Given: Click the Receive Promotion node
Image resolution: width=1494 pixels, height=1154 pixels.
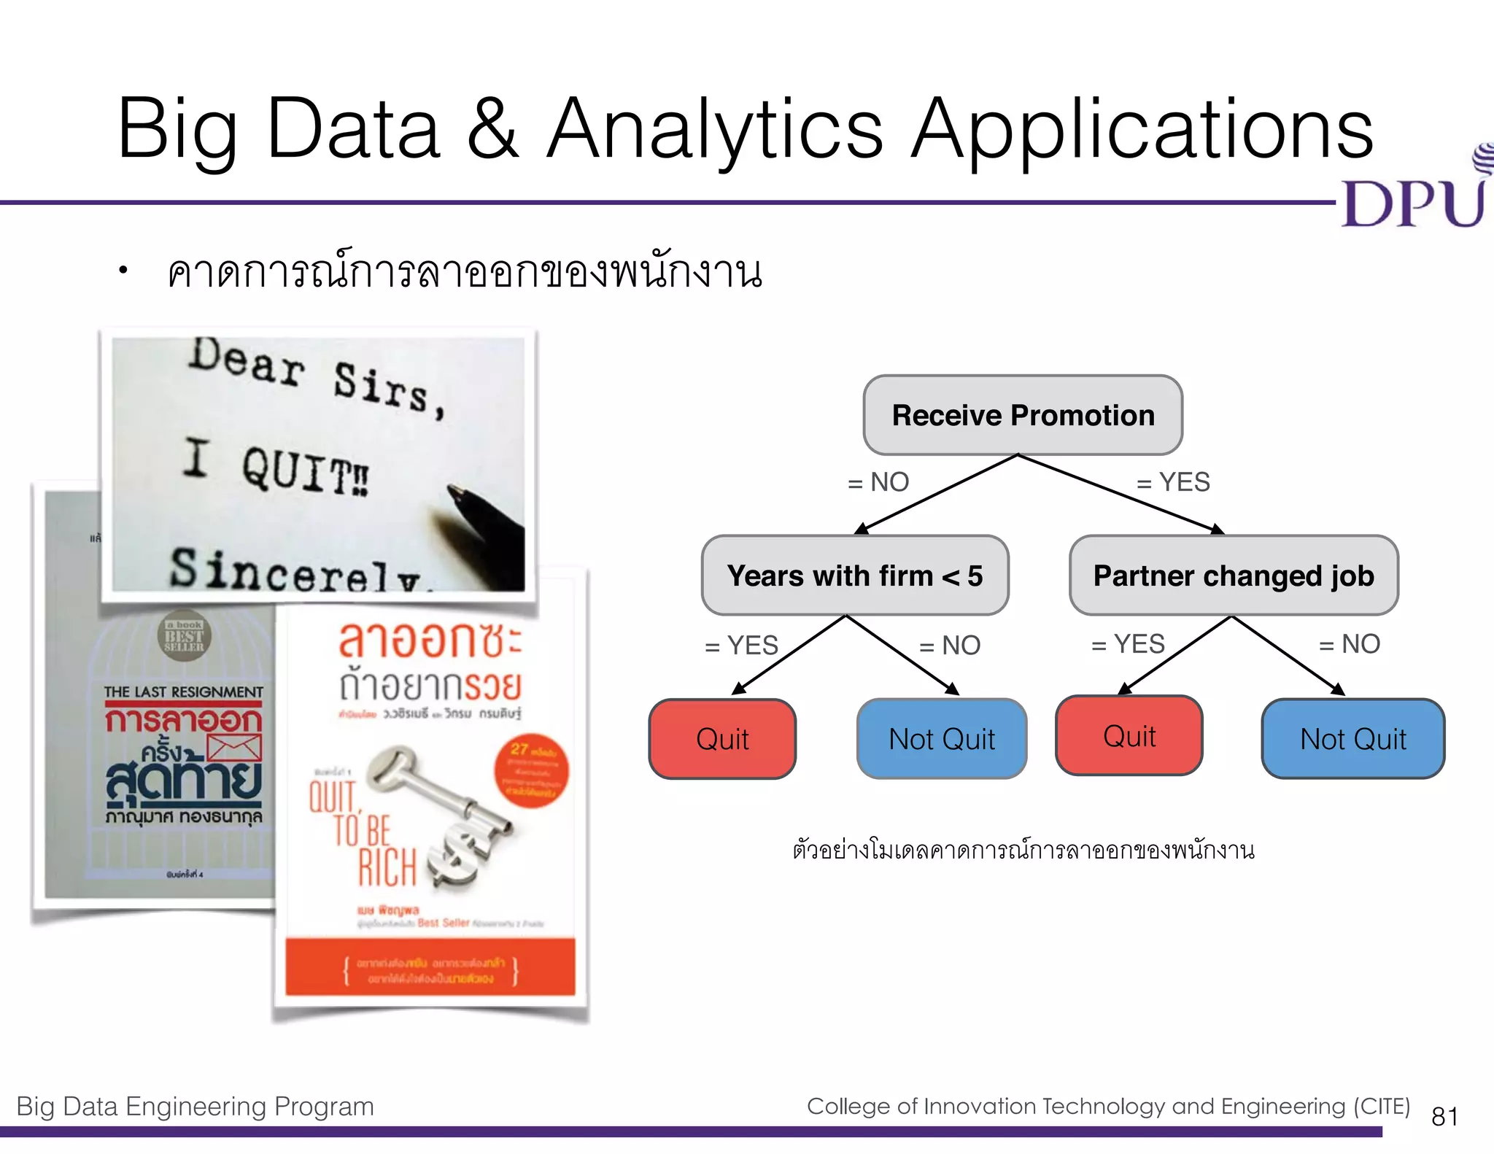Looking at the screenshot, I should click(1022, 415).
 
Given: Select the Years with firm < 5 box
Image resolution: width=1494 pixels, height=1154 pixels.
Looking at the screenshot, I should click(854, 576).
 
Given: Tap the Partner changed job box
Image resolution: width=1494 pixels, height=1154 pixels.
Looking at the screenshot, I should click(1233, 576).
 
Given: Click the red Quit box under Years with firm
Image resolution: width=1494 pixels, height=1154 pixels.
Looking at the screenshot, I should click(722, 739).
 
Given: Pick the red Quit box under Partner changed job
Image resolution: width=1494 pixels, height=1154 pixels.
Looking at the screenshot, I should click(1129, 736).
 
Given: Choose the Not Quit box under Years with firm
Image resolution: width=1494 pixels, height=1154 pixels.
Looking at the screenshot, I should click(941, 739).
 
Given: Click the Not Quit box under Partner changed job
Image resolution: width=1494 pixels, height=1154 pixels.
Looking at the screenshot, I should click(1352, 739).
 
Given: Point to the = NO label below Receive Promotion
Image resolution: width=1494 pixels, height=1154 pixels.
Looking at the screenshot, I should click(878, 482).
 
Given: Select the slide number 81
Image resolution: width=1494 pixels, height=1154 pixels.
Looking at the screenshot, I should click(1444, 1116).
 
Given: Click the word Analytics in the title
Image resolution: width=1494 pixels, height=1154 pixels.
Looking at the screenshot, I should click(715, 131).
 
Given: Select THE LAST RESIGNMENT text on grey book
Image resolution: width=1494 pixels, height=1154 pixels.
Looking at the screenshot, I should click(183, 692).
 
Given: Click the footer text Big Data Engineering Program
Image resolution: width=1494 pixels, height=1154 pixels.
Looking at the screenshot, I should click(195, 1107).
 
